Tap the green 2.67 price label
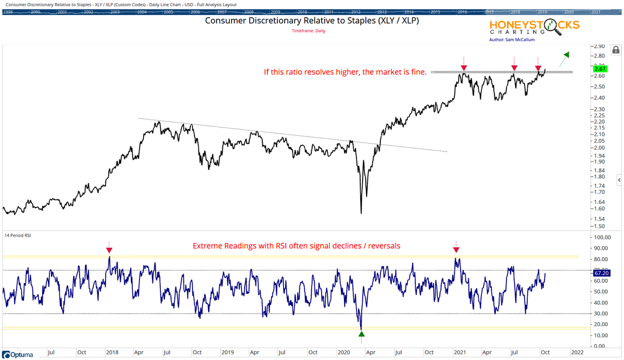[601, 69]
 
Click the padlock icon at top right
[616, 50]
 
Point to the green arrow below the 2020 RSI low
[361, 333]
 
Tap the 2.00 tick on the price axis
[599, 147]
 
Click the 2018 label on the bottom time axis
[112, 352]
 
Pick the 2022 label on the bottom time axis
[578, 352]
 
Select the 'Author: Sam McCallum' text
[512, 40]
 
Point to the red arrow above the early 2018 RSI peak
[109, 250]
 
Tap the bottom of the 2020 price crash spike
[361, 213]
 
